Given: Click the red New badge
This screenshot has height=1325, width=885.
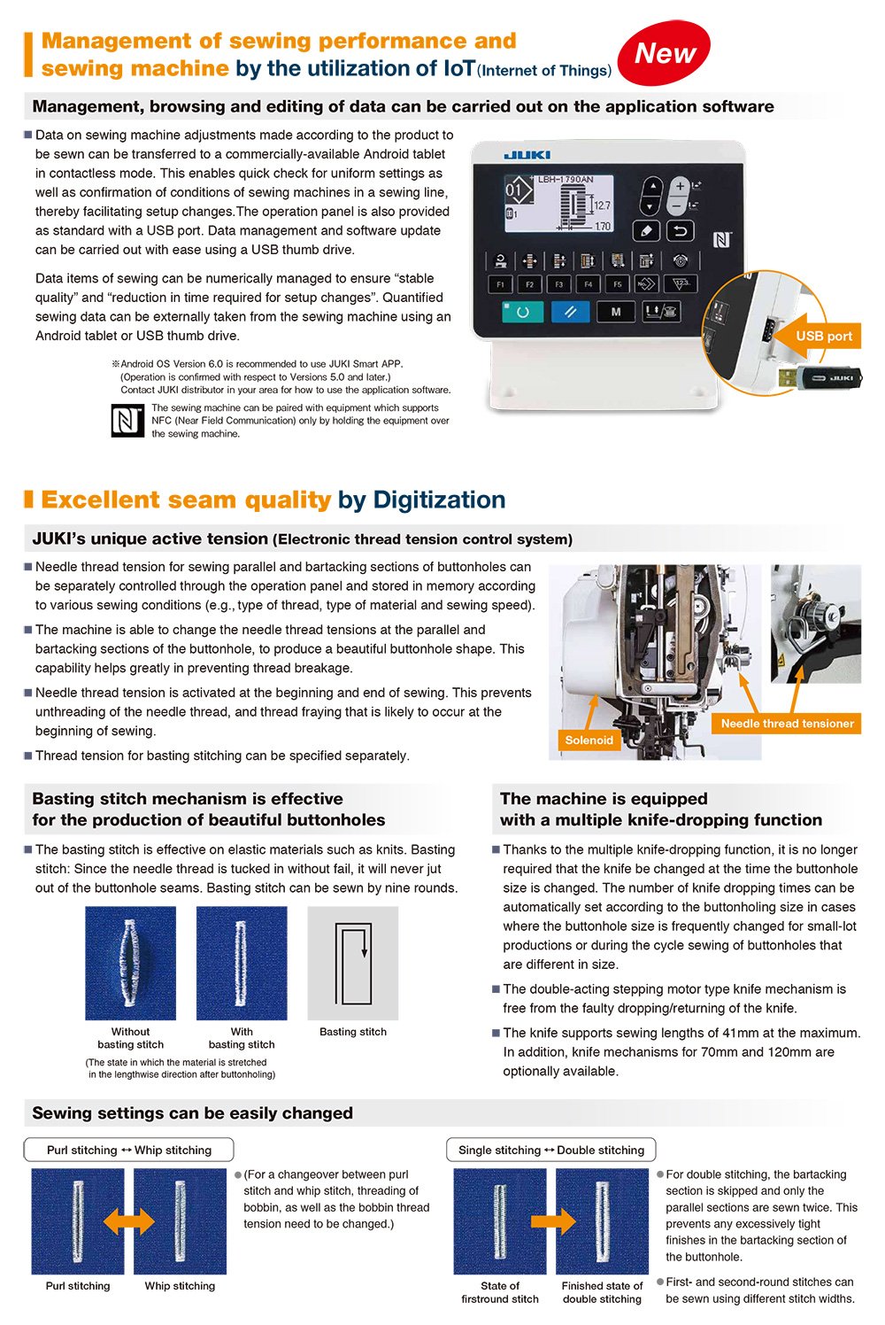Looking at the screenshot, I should pos(664,53).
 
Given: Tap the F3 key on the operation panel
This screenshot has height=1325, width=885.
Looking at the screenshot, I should pos(558,284).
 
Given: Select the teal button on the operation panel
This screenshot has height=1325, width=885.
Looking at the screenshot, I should pos(522,312).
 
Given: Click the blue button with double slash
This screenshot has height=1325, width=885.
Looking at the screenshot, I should pos(570,312).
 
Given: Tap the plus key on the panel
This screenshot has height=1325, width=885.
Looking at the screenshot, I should pos(680,187).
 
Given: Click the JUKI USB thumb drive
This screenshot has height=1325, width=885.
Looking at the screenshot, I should pos(820,377).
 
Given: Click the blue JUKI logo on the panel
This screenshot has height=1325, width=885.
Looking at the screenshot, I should pos(527,155).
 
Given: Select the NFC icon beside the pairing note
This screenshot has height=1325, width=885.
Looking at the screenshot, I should pos(127,421).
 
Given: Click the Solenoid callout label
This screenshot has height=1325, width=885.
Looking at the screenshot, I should pos(589,740).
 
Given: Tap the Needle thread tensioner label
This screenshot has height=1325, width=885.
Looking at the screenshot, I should pos(787,724).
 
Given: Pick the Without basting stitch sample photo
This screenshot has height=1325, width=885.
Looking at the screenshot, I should pos(130,963).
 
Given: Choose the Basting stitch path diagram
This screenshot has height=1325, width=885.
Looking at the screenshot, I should pos(352,963).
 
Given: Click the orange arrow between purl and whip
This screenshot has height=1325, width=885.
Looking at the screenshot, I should pos(128,1222).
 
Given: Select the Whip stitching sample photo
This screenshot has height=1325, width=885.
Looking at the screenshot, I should pos(181,1221).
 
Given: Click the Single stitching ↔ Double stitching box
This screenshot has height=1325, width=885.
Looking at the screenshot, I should pos(551,1150).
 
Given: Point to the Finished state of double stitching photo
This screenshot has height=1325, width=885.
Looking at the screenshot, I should pos(602,1221).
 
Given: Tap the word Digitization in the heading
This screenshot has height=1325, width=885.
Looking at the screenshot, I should pos(439,500).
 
